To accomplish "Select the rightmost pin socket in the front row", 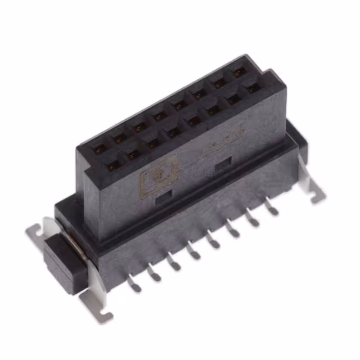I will pos(253,89).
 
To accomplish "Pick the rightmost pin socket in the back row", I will pos(239,72).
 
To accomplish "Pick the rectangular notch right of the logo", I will pos(223,163).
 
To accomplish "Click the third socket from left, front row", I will pos(153,143).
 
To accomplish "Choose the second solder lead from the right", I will pos(253,220).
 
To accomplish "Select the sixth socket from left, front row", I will pos(214,110).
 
